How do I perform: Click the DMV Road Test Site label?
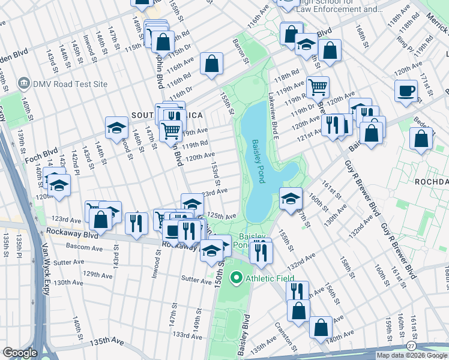66,84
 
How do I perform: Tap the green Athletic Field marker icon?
237,278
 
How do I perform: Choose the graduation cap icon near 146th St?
116,127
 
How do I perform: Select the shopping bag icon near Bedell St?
421,137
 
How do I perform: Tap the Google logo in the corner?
20,353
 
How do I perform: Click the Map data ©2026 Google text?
412,355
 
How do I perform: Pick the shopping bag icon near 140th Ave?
321,328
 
